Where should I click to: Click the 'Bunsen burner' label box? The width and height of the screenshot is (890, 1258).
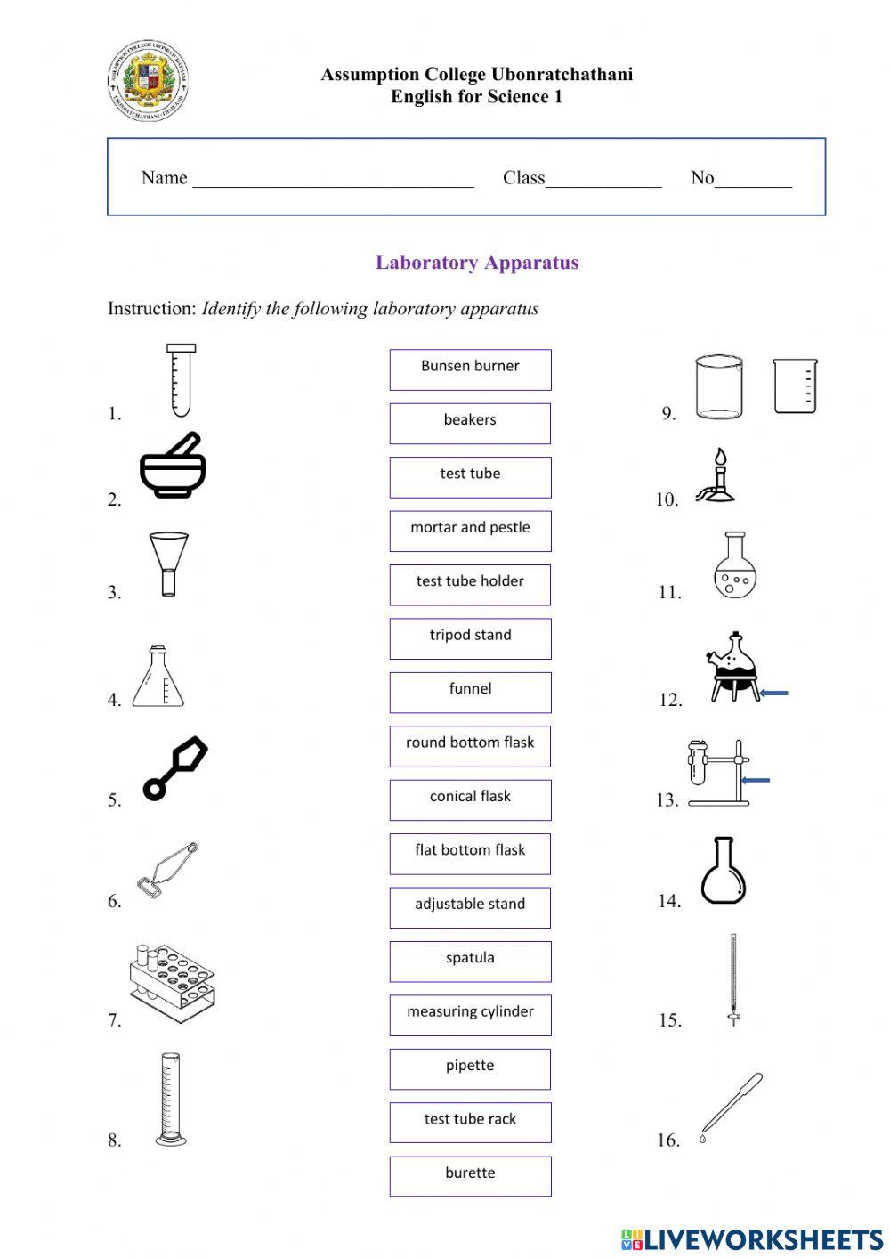click(470, 369)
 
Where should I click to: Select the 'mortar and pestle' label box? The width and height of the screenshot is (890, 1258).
click(470, 531)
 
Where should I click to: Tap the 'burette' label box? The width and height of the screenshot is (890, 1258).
click(470, 1175)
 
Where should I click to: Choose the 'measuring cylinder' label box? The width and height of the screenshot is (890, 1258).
click(470, 1014)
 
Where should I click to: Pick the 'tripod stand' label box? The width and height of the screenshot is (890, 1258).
click(470, 638)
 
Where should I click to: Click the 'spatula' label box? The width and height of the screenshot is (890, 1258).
click(470, 961)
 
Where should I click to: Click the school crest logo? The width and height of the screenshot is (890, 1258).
click(148, 80)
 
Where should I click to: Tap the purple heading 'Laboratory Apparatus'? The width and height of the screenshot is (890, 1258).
click(477, 263)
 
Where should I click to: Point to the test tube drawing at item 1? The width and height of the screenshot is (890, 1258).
click(181, 380)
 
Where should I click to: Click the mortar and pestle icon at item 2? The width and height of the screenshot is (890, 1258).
click(174, 466)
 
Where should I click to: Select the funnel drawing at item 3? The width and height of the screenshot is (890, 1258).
click(169, 564)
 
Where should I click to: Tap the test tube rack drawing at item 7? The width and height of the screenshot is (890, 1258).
click(173, 982)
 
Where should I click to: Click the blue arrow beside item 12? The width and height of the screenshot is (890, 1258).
click(774, 693)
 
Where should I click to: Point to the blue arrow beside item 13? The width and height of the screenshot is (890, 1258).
click(756, 781)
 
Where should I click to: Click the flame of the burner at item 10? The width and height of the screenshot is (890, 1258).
click(721, 458)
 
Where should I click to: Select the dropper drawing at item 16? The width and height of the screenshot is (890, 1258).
click(732, 1107)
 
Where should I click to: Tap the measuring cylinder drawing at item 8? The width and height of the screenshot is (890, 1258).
click(170, 1099)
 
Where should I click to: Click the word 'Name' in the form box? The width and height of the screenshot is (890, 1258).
click(164, 178)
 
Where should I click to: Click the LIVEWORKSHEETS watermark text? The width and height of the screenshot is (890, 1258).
click(763, 1239)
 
